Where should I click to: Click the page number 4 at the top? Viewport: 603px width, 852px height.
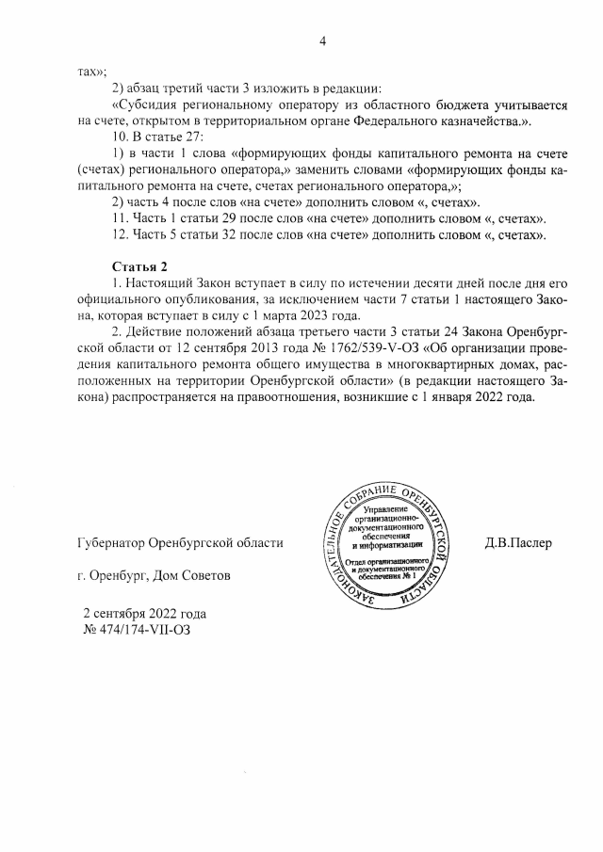coord(322,40)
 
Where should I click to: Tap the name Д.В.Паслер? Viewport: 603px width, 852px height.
coord(518,543)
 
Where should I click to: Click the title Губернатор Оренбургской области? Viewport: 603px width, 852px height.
coord(180,543)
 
